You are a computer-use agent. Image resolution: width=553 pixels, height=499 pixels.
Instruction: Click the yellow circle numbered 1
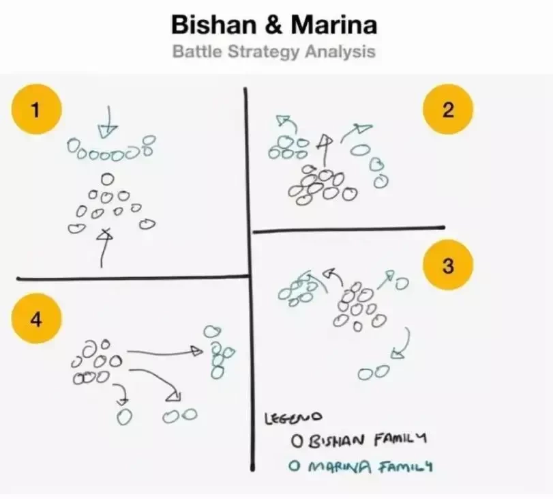pyautogui.click(x=36, y=109)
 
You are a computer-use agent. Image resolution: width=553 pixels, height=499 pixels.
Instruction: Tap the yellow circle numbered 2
pyautogui.click(x=448, y=109)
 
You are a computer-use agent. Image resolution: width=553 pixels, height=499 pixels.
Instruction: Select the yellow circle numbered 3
pyautogui.click(x=448, y=265)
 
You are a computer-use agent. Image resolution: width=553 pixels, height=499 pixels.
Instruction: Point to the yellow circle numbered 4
pyautogui.click(x=36, y=319)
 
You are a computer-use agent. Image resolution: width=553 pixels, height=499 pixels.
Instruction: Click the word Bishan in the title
pyautogui.click(x=213, y=25)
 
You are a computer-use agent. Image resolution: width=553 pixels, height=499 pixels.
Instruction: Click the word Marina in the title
pyautogui.click(x=334, y=25)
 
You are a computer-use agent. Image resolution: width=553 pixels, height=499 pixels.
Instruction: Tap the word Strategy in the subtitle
pyautogui.click(x=265, y=52)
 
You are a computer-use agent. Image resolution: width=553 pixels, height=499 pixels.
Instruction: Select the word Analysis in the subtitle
pyautogui.click(x=340, y=52)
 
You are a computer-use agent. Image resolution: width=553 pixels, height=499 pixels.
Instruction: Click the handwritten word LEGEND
pyautogui.click(x=293, y=418)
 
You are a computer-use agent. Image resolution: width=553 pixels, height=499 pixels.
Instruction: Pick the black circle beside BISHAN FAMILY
pyautogui.click(x=297, y=441)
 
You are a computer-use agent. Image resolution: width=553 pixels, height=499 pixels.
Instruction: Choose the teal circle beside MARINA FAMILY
pyautogui.click(x=293, y=466)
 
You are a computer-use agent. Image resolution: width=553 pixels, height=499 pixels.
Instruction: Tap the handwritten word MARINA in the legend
pyautogui.click(x=340, y=467)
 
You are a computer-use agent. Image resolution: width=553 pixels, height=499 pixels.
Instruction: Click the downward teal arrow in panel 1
pyautogui.click(x=108, y=122)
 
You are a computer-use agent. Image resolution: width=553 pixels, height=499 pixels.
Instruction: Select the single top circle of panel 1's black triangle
pyautogui.click(x=108, y=179)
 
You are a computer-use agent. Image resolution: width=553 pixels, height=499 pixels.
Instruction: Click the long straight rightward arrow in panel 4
pyautogui.click(x=165, y=352)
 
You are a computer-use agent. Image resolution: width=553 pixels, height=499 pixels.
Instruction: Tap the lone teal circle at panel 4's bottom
pyautogui.click(x=124, y=416)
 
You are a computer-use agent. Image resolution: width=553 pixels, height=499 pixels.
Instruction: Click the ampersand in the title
pyautogui.click(x=274, y=25)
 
